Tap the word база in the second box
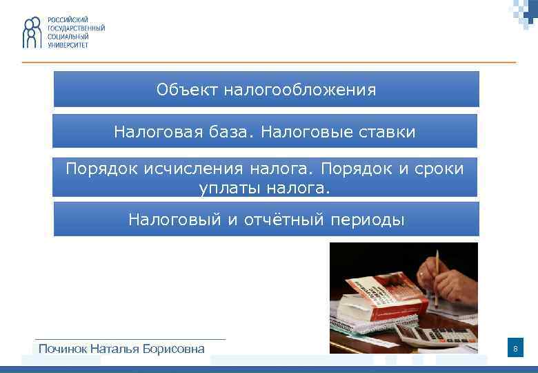237,131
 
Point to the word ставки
386,131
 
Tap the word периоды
368,220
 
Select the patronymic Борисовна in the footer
173,348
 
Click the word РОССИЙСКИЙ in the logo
67,19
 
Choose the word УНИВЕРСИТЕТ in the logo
68,44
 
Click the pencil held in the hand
436,276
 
